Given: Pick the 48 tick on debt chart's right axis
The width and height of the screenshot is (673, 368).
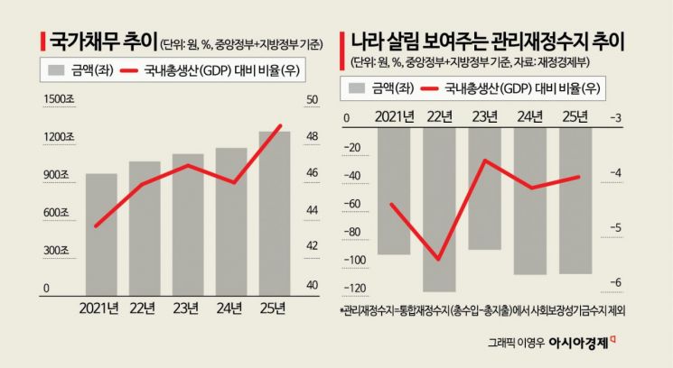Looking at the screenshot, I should click(312, 137).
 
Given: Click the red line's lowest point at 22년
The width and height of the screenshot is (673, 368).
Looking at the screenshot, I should click(439, 259).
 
